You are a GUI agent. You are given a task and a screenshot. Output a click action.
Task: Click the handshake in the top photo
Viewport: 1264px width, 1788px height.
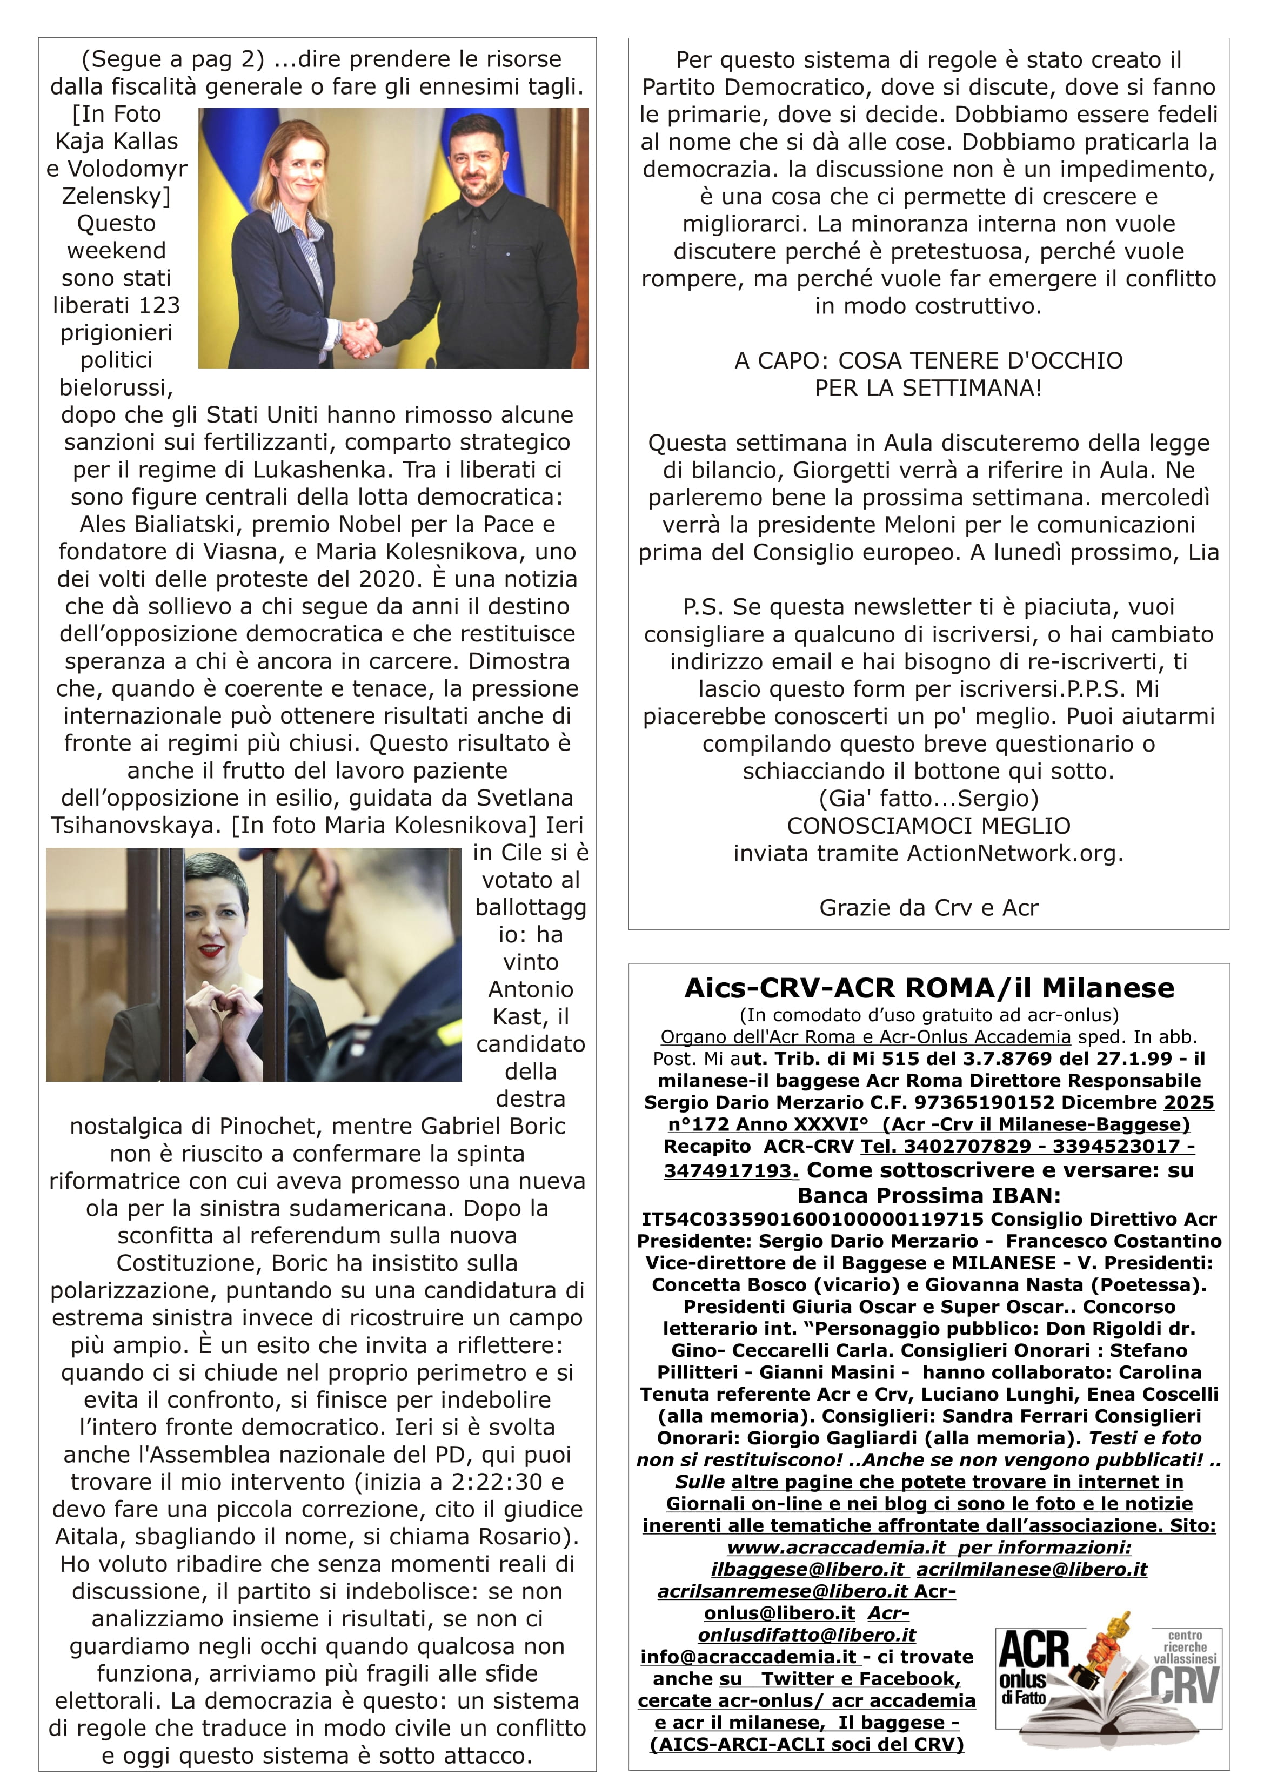coord(360,337)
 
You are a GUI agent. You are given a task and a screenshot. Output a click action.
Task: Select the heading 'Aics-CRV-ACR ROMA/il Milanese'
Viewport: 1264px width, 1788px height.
coord(928,987)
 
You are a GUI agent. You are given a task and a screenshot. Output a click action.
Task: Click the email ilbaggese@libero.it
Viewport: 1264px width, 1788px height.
coord(807,1569)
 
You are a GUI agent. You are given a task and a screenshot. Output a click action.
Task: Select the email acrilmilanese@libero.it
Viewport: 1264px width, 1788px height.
coord(1031,1569)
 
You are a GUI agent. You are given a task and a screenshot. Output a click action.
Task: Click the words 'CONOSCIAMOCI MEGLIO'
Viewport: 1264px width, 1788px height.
coord(928,826)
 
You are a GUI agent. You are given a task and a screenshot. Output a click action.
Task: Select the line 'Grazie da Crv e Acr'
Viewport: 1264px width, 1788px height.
coord(928,908)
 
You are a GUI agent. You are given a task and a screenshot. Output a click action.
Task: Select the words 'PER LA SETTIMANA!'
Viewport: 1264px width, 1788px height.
coord(928,388)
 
